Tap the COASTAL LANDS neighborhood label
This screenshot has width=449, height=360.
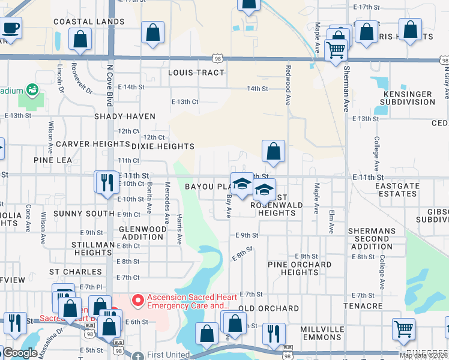tap(89, 22)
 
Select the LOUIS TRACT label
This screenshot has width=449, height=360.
tap(196, 73)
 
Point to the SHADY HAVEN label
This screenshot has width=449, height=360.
tap(124, 116)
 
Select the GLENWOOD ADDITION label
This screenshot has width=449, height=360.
tap(142, 233)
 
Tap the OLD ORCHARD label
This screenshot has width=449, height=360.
tap(268, 308)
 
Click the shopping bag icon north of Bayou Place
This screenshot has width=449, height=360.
tap(273, 152)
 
